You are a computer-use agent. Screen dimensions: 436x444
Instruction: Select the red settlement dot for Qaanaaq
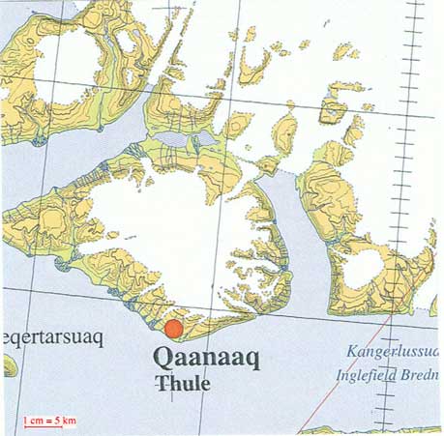click(173, 331)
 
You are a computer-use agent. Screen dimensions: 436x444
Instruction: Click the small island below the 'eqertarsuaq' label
click(8, 366)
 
